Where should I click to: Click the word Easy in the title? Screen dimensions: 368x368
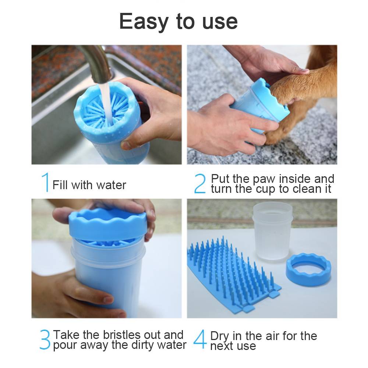144,22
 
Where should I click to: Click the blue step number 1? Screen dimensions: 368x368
46,183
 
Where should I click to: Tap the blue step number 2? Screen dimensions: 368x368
200,183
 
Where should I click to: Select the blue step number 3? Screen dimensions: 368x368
45,339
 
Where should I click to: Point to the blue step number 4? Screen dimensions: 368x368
200,339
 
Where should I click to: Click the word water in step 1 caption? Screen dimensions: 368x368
111,185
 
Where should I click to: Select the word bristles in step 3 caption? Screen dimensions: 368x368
122,335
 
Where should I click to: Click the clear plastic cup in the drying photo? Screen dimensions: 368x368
272,231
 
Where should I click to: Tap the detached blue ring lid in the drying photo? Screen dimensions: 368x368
308,270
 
